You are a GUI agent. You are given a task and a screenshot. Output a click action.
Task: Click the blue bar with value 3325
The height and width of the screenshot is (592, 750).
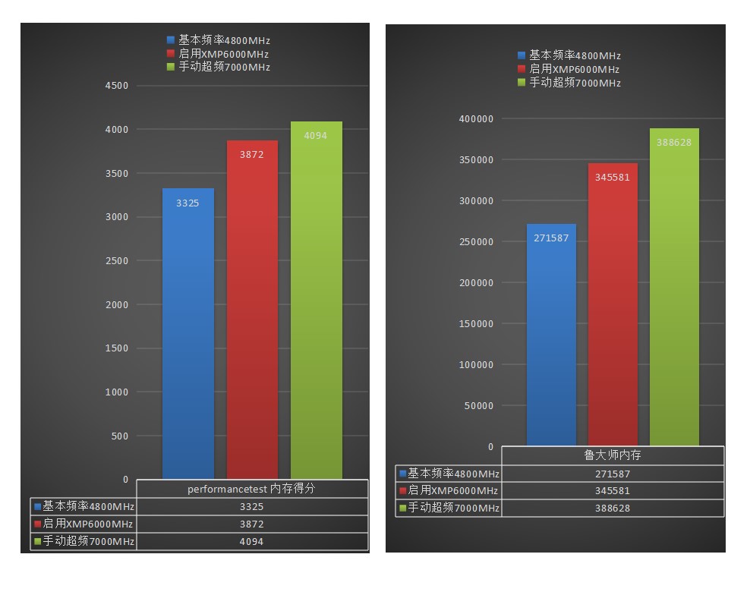[x=188, y=334]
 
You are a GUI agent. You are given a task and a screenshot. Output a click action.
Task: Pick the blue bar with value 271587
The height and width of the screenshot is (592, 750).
[x=551, y=335]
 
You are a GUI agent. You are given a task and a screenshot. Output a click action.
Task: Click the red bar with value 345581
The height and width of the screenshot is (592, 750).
[x=613, y=304]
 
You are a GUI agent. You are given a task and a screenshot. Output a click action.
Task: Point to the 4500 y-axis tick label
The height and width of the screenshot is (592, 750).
[x=117, y=86]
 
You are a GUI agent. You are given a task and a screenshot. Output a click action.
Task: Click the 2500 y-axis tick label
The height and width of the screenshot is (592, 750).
[x=117, y=261]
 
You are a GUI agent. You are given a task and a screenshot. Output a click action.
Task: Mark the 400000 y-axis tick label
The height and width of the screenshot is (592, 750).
[x=477, y=119]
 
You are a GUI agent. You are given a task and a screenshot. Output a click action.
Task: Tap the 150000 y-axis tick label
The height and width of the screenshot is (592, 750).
[x=477, y=324]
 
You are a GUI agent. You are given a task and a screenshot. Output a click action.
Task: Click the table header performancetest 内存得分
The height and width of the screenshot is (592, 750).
[x=251, y=489]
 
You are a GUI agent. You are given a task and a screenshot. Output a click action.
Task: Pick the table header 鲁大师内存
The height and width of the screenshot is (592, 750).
[x=613, y=455]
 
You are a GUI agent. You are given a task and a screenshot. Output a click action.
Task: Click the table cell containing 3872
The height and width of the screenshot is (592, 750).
[x=251, y=524]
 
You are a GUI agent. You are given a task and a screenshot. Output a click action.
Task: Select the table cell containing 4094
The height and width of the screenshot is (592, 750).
[x=251, y=541]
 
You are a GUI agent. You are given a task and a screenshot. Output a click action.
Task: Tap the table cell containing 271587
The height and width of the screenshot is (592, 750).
[x=613, y=474]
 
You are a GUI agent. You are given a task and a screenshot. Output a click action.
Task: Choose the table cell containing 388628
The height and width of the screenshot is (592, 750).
[x=613, y=508]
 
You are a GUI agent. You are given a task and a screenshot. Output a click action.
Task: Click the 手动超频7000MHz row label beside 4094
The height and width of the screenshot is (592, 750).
[x=84, y=541]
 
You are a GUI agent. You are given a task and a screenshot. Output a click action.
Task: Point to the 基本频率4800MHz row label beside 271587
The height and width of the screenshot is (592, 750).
[x=449, y=474]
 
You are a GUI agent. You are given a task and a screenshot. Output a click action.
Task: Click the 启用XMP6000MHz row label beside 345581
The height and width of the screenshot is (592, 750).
[x=449, y=490]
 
